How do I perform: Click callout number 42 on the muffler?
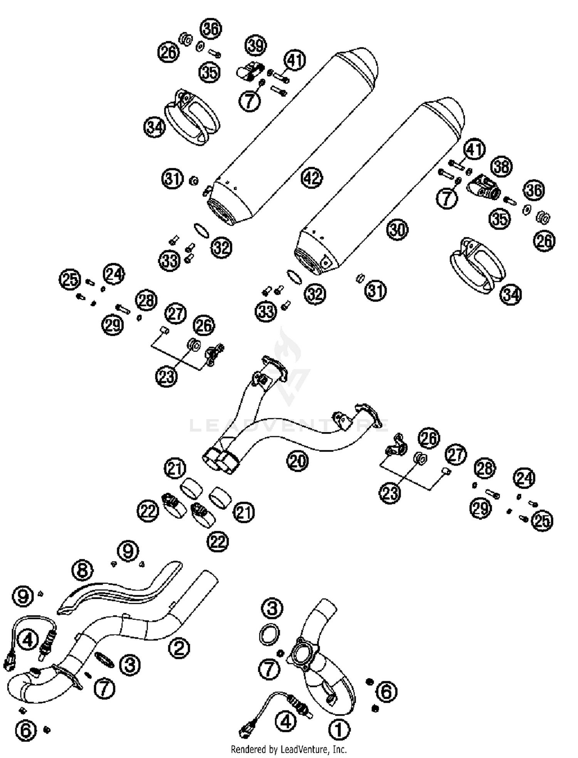pos(312,178)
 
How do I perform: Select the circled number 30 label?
pos(397,230)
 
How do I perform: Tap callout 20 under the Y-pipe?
pos(297,461)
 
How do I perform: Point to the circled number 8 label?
pos(83,570)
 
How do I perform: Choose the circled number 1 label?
pos(339,729)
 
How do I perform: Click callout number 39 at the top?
pos(256,45)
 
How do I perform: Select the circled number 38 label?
pos(501,166)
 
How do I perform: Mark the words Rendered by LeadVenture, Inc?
pos(289,749)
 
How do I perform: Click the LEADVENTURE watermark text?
pos(289,426)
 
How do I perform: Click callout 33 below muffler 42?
pos(170,261)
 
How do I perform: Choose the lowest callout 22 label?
pos(218,542)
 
